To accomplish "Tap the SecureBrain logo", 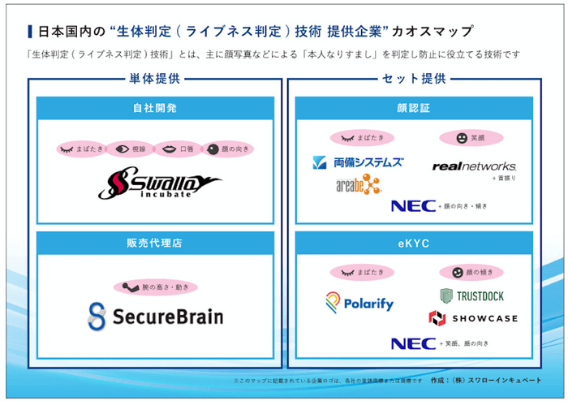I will (x=155, y=316).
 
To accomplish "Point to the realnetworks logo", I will (x=474, y=166).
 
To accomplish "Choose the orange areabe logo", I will (x=358, y=185).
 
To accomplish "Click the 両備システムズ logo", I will (x=358, y=162).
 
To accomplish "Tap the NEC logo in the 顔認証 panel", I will (x=413, y=205).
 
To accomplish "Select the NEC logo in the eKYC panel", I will (x=413, y=343).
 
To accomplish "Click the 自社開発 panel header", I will (x=154, y=108).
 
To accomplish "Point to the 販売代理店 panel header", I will (x=154, y=242).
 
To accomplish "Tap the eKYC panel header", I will (x=414, y=242).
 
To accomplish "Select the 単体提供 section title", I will (x=154, y=79).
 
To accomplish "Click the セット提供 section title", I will (x=414, y=79).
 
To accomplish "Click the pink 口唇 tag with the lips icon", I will (x=179, y=149).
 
